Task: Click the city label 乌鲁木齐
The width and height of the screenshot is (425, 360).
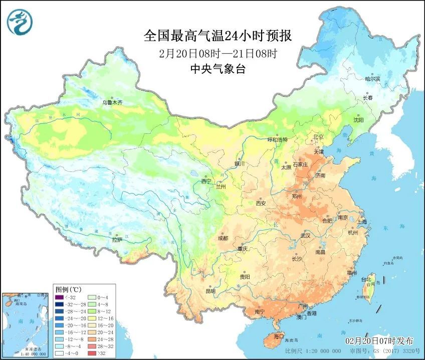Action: click(x=112, y=102)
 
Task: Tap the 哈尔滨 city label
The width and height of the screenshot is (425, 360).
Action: click(x=372, y=79)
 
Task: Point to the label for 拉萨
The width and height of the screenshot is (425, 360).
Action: click(x=117, y=240)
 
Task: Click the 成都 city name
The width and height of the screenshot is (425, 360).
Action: click(x=223, y=238)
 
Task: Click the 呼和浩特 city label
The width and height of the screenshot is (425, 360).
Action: click(x=278, y=140)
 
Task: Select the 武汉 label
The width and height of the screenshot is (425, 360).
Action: click(x=305, y=235)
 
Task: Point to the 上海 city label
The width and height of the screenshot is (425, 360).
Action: click(x=361, y=222)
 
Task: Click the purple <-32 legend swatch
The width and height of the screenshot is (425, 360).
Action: click(x=59, y=298)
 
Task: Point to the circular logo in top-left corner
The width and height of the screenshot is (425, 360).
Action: click(x=19, y=21)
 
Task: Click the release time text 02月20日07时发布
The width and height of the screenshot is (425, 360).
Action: click(x=379, y=340)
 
